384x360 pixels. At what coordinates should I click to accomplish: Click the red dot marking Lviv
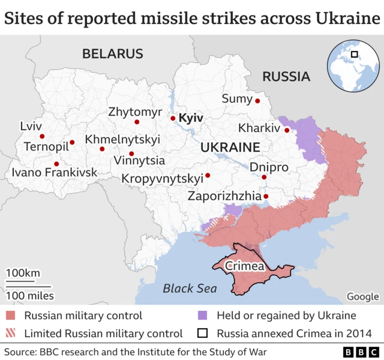[x=42, y=136]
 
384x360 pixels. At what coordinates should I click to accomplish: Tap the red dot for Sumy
[x=257, y=100]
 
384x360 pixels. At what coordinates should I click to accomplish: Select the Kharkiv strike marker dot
[x=287, y=130]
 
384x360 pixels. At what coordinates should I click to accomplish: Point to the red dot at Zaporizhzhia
[x=266, y=196]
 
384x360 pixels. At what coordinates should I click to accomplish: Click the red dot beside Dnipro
[x=264, y=177]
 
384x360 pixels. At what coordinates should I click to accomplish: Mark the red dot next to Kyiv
[x=173, y=118]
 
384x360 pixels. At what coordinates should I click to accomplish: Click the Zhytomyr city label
[x=135, y=112]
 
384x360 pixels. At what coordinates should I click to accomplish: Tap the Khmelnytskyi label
[x=122, y=139]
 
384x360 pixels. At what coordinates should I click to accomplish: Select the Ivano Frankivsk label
[x=54, y=173]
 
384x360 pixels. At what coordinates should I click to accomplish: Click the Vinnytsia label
[x=139, y=161]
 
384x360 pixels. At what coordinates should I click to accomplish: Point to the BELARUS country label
[x=113, y=54]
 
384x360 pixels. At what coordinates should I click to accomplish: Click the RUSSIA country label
[x=286, y=76]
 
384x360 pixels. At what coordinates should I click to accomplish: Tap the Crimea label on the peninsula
[x=245, y=265]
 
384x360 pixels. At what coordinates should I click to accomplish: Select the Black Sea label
[x=190, y=289]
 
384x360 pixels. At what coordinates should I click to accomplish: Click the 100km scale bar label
[x=23, y=274]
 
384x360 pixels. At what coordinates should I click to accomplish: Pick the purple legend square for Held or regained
[x=203, y=316]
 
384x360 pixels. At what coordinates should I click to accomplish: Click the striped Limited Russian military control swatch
[x=11, y=333]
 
